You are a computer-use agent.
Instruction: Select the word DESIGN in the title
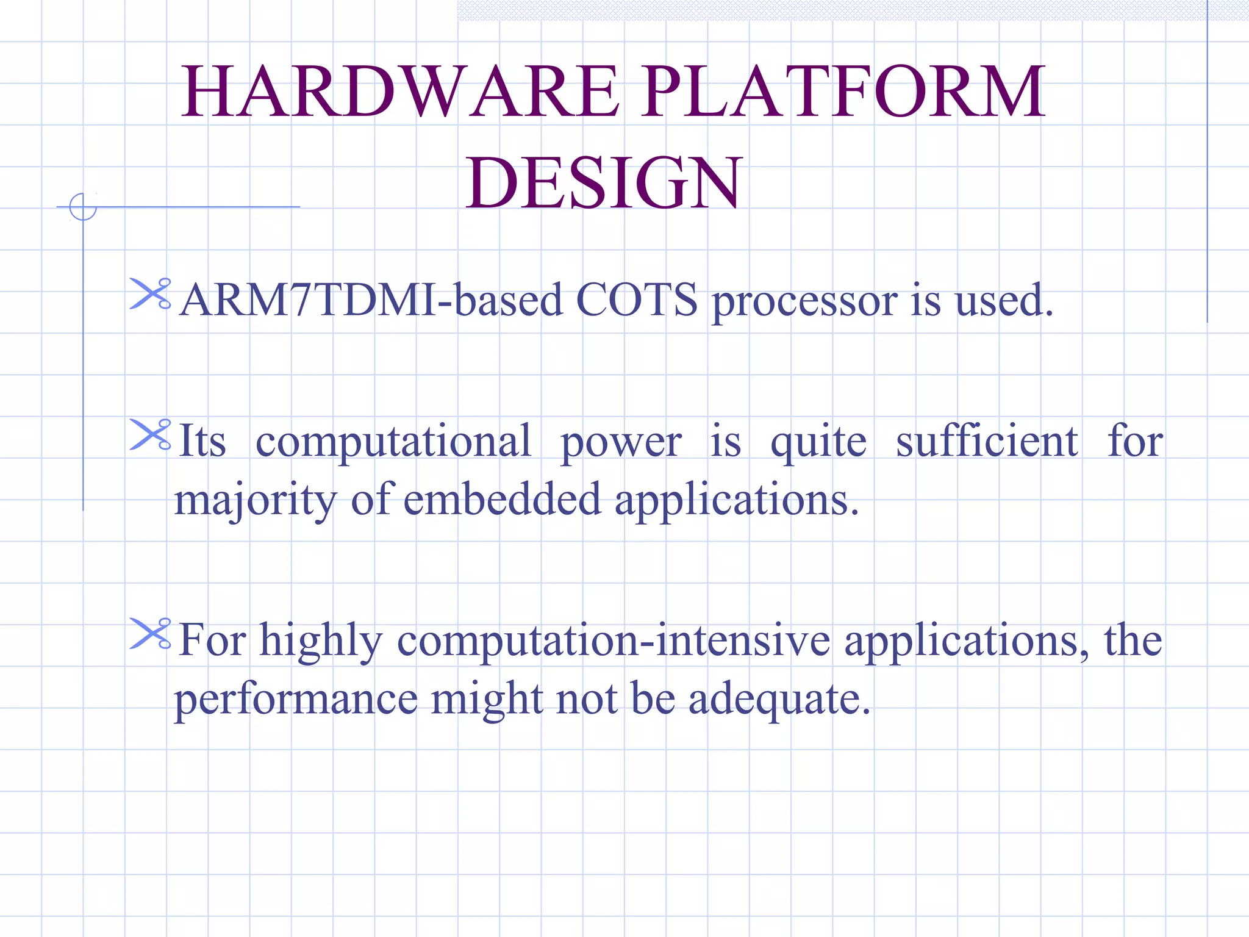point(604,183)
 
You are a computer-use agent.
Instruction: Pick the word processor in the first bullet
point(805,302)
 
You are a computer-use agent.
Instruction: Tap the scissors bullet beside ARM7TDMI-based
point(150,294)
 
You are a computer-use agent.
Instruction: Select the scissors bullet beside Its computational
point(150,435)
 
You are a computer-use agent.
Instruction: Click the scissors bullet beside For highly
point(150,634)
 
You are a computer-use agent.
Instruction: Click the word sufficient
point(987,440)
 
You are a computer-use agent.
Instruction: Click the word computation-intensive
point(614,641)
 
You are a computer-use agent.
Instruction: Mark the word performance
point(296,700)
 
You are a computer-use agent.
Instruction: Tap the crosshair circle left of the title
point(83,207)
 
